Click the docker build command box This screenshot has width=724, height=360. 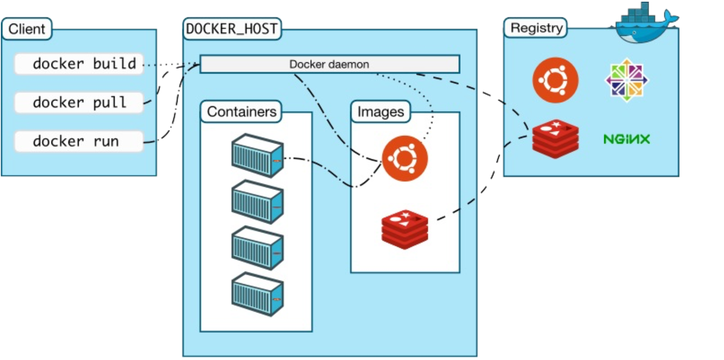coord(79,64)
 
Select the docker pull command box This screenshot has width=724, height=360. coord(79,102)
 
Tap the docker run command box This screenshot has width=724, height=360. coord(79,141)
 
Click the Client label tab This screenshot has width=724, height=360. coord(27,29)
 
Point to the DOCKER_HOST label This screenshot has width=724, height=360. coord(232,29)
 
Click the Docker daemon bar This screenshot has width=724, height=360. coord(329,64)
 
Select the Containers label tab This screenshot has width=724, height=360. coord(241,111)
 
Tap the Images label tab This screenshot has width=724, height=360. coord(381,111)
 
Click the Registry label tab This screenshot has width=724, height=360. coord(536,28)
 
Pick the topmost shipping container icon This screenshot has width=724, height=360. coord(257,156)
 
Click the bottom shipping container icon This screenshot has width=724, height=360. coord(257,294)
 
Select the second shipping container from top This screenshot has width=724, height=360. coord(257,202)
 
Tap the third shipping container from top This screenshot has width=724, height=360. coord(257,248)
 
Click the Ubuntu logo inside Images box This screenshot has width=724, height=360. coord(405,158)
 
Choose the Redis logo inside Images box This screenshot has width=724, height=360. coord(405,229)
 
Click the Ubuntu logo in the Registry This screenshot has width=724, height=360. coord(555,80)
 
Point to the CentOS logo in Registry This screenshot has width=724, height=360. coord(627,80)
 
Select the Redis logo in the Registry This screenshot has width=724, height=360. coord(555,138)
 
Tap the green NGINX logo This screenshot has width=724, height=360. coord(627,139)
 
